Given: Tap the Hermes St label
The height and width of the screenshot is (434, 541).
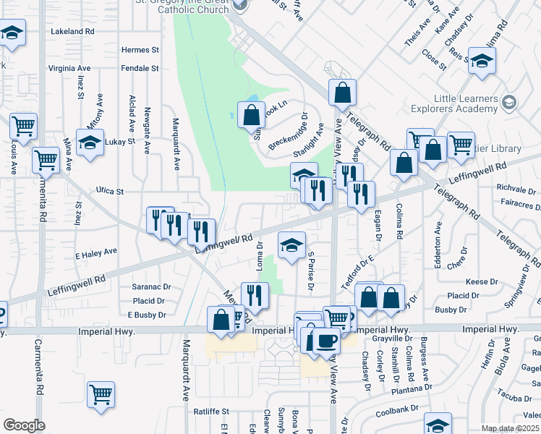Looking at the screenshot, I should pos(140,50).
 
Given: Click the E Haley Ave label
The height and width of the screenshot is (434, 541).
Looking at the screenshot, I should pos(95,252).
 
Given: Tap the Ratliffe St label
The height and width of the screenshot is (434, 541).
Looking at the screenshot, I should pos(211,412).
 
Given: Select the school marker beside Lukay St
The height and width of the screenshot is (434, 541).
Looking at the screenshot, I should pos(90,142).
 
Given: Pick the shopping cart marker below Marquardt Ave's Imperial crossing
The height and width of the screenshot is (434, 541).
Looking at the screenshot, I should pos(101,394).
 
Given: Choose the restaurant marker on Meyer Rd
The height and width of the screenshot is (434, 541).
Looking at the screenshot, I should pos(255,294).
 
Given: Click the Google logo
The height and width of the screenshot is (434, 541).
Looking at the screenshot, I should pos(25,425).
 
